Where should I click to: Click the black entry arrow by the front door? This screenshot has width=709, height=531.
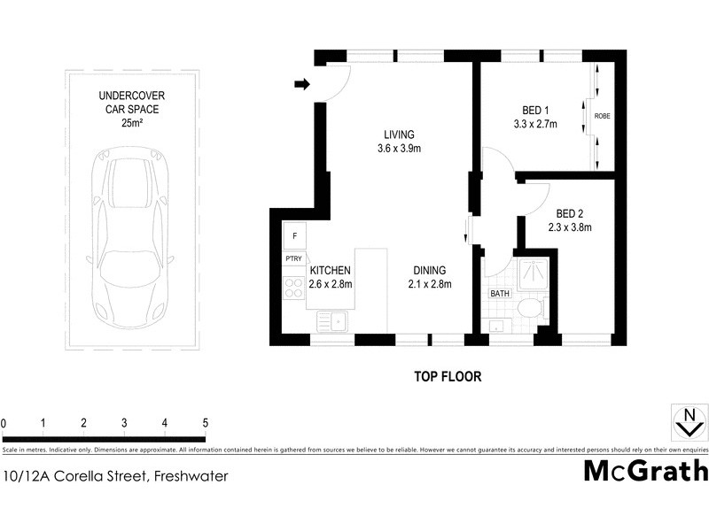pyautogui.click(x=302, y=85)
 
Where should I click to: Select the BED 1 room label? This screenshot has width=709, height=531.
pyautogui.click(x=534, y=111)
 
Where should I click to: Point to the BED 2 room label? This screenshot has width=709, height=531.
pyautogui.click(x=569, y=213)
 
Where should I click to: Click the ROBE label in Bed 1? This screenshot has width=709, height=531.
pyautogui.click(x=602, y=116)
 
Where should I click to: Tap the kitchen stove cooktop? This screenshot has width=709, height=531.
pyautogui.click(x=293, y=287)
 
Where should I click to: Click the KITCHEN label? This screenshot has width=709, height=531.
pyautogui.click(x=331, y=271)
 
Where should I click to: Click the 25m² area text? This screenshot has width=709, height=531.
pyautogui.click(x=135, y=123)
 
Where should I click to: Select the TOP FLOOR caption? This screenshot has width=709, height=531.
pyautogui.click(x=448, y=377)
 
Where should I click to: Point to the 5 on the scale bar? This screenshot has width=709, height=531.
pyautogui.click(x=206, y=422)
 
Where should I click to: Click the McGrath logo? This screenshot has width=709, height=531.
pyautogui.click(x=645, y=471)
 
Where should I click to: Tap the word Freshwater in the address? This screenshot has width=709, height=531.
pyautogui.click(x=191, y=476)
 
